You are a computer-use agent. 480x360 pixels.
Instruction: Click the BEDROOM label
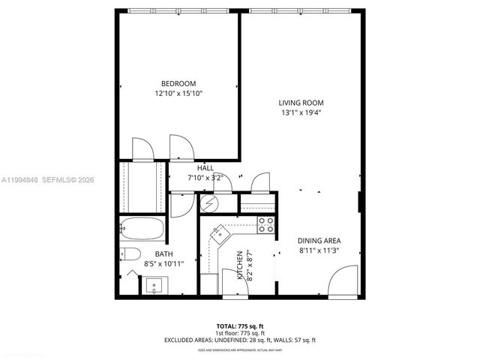[178, 82]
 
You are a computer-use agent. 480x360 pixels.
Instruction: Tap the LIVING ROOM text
[301, 103]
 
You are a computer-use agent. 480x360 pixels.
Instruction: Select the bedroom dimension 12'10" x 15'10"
[178, 93]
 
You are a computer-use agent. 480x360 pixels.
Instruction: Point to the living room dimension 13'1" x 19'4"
[301, 113]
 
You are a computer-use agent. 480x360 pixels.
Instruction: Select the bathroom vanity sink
[155, 285]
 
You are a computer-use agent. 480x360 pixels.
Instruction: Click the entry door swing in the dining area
[343, 283]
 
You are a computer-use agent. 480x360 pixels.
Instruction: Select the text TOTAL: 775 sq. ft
[239, 325]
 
